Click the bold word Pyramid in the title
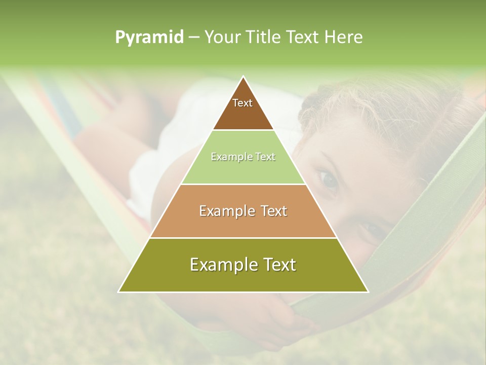pos(149,37)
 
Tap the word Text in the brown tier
pos(242,103)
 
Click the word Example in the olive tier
pos(221,265)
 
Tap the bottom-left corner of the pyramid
pos(119,291)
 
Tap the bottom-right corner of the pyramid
pos(368,291)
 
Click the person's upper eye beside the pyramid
pos(327,180)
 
